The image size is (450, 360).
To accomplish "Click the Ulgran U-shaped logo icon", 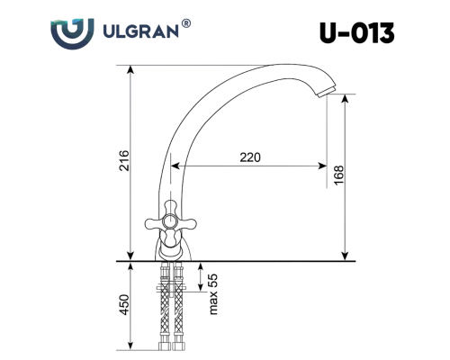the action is tap(72, 33).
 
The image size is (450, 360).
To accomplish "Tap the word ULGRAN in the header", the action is tap(140, 31).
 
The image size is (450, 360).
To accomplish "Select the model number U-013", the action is tap(356, 33).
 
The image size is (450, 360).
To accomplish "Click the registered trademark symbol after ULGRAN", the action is tap(186, 23).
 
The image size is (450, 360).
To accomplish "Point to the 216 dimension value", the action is tap(124, 161).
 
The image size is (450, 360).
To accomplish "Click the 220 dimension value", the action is tap(250, 157).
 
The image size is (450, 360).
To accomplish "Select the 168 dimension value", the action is tap(338, 175).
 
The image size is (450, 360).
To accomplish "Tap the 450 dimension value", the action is tap(124, 305).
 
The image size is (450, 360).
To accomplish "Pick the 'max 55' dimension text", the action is tap(212, 294).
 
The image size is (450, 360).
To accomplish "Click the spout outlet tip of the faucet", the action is tap(327, 92).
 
